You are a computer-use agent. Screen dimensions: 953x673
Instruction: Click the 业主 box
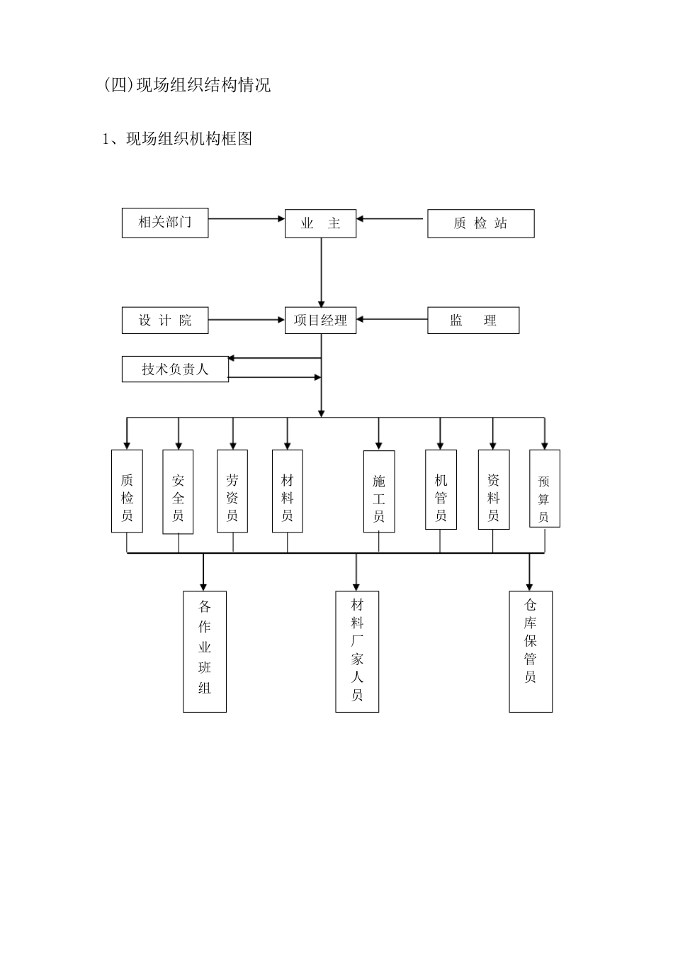click(x=320, y=223)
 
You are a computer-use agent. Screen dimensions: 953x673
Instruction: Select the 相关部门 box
click(x=165, y=223)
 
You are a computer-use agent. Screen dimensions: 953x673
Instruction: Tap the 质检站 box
click(x=480, y=223)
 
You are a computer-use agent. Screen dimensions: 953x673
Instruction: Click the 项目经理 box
click(x=320, y=321)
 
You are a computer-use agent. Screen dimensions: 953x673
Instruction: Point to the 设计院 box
click(x=165, y=321)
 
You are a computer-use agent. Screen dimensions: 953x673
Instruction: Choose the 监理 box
click(x=473, y=321)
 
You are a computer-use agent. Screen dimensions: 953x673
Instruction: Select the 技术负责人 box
click(x=175, y=369)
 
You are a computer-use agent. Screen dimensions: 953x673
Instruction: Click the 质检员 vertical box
click(x=127, y=491)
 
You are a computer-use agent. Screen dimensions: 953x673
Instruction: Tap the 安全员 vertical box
click(x=178, y=491)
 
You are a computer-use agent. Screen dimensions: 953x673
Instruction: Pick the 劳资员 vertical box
click(x=232, y=491)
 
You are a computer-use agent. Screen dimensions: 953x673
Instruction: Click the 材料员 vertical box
click(x=287, y=491)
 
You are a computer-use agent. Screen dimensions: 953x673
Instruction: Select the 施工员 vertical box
click(x=379, y=491)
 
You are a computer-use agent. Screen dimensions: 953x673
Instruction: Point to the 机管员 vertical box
click(x=441, y=489)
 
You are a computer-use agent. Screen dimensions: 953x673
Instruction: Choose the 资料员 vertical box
click(x=493, y=489)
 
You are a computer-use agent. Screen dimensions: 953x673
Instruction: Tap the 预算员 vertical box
click(x=544, y=489)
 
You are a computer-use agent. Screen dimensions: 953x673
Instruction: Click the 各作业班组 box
click(x=205, y=651)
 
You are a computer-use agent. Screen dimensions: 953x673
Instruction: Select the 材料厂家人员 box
click(x=357, y=651)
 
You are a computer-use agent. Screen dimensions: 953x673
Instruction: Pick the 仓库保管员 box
click(x=531, y=651)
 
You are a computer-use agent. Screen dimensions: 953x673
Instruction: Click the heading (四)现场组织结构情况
click(x=187, y=86)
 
